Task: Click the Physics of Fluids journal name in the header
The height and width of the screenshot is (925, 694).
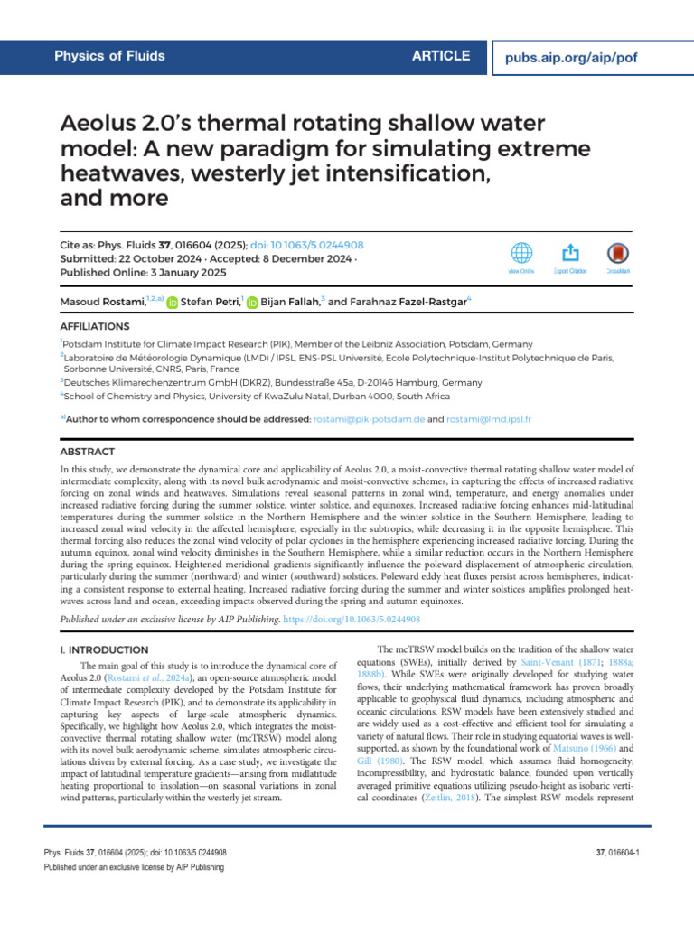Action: tap(110, 56)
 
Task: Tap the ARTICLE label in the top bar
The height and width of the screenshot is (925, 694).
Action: tap(441, 56)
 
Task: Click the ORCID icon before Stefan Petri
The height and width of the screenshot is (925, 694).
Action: tap(173, 303)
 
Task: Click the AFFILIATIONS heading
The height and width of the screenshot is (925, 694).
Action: tap(94, 326)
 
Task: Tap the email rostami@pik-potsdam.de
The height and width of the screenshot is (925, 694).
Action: tap(369, 419)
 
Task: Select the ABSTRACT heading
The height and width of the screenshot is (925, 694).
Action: tap(87, 451)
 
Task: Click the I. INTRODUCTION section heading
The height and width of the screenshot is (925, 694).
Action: tap(104, 649)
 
